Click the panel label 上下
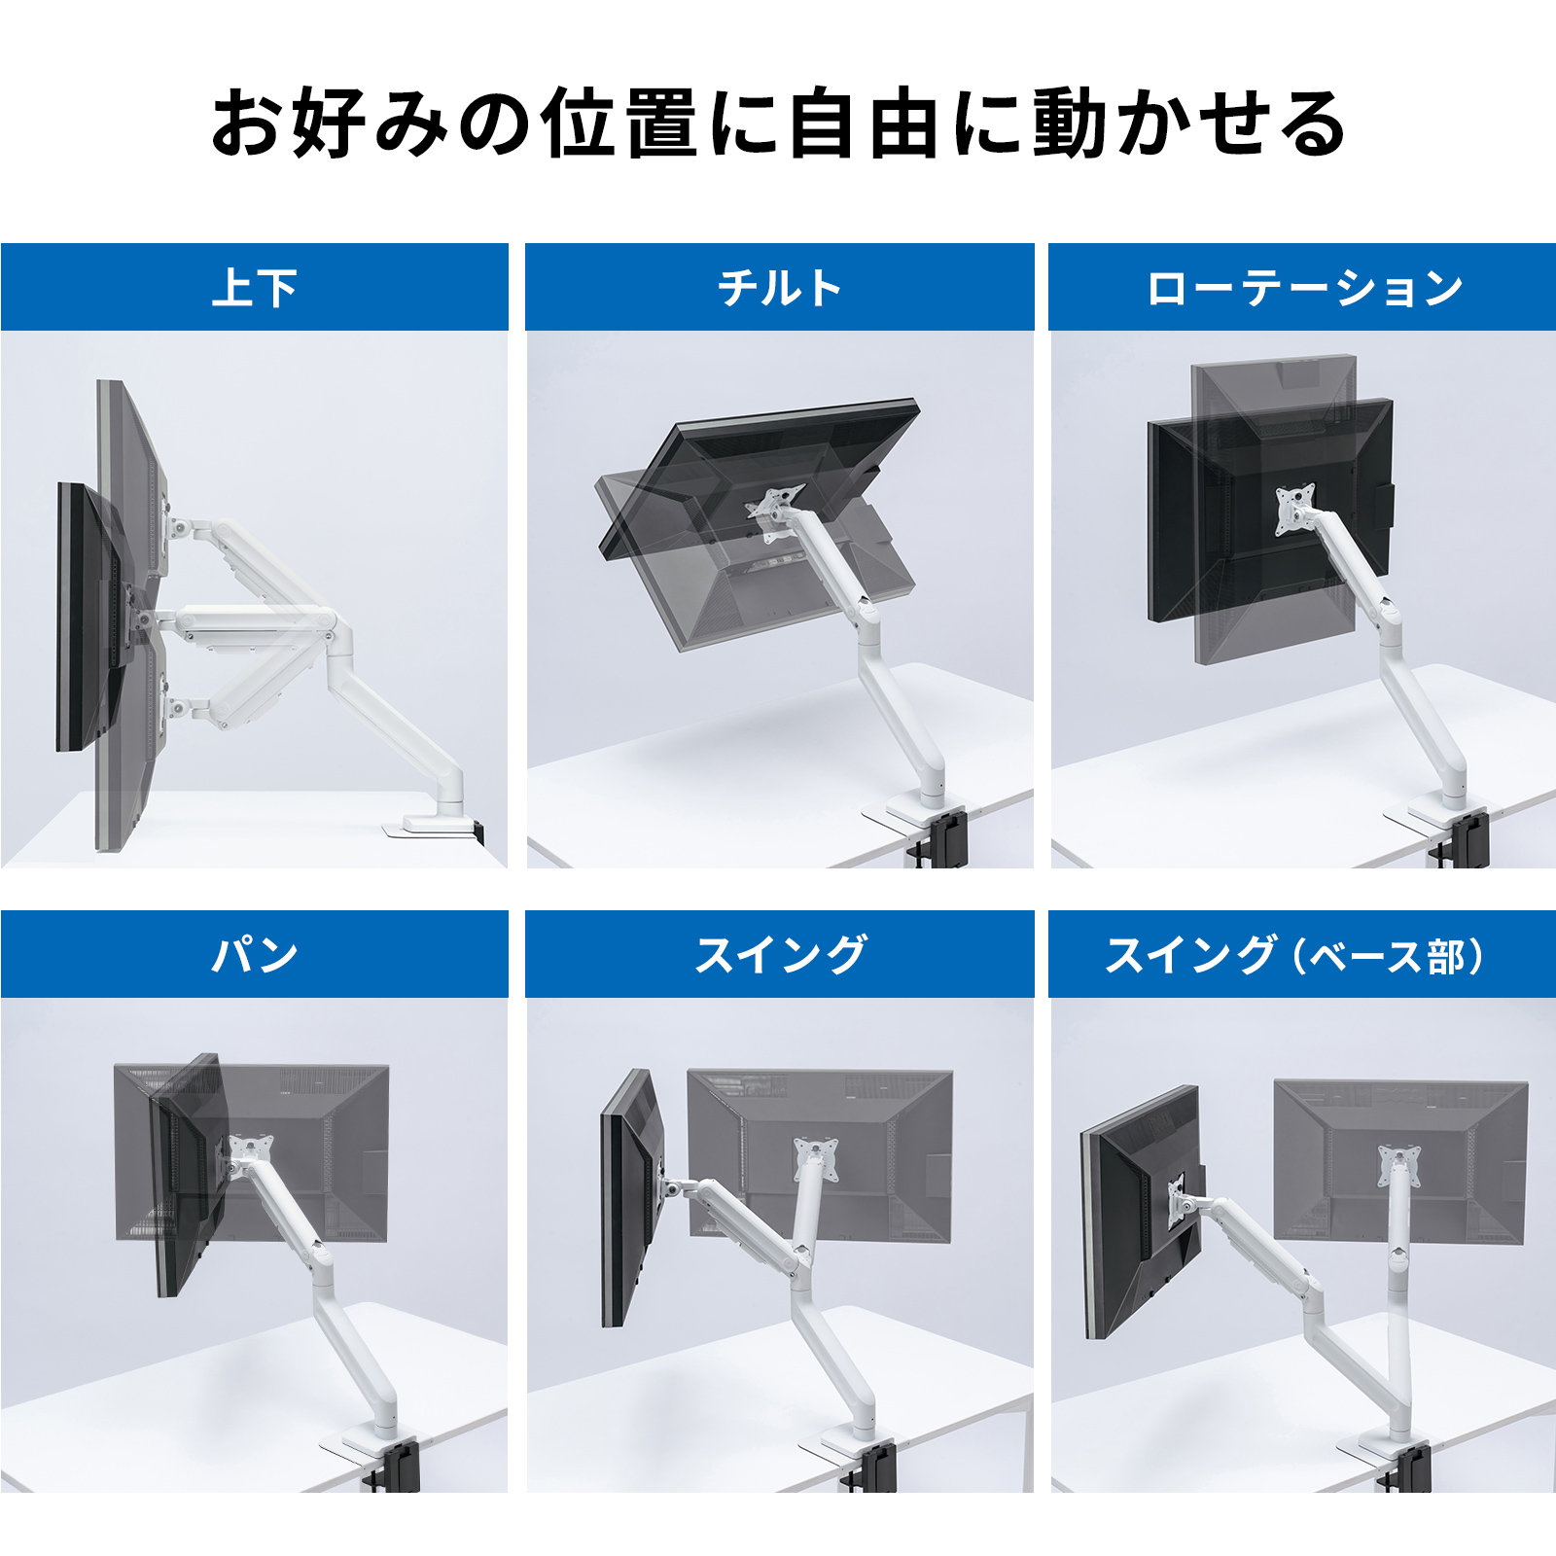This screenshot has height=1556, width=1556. point(255,288)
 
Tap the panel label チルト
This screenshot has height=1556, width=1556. point(779,288)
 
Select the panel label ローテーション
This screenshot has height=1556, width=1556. point(1303,288)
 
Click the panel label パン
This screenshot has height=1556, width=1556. point(255,954)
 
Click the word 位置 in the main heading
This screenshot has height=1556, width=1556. point(619,123)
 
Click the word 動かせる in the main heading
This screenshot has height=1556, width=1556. point(1188,123)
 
